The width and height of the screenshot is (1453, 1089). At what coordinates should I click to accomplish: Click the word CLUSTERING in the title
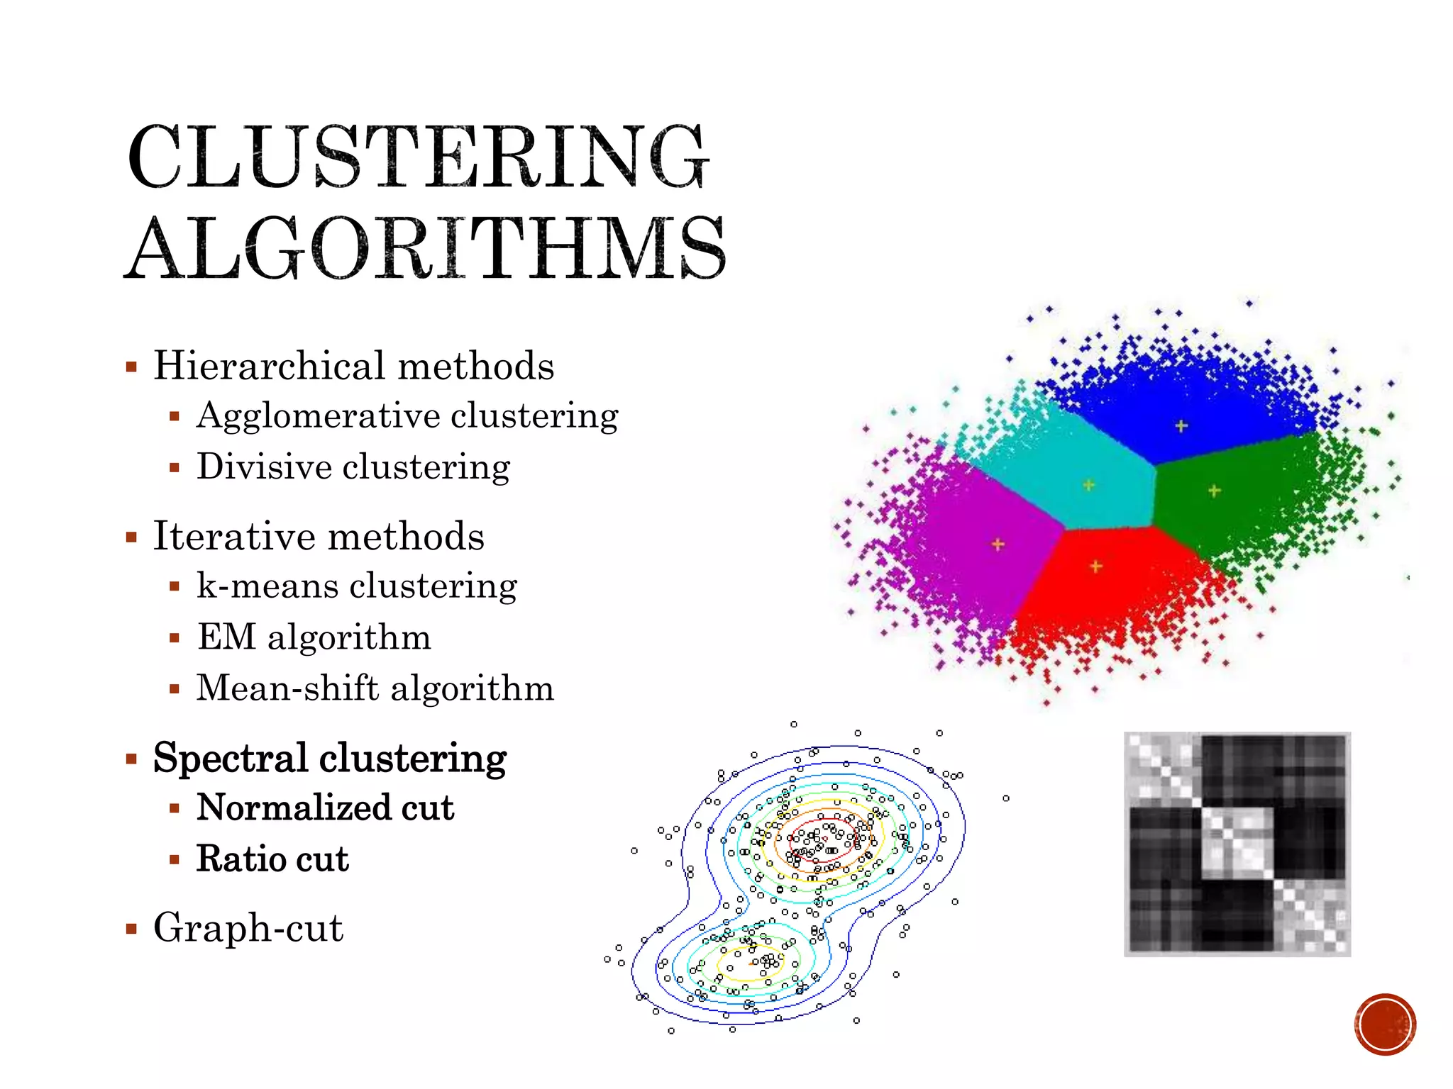(x=419, y=157)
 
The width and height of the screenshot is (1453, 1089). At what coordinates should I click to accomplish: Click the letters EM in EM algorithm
(x=226, y=637)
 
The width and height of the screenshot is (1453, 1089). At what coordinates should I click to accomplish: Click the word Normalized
(x=292, y=808)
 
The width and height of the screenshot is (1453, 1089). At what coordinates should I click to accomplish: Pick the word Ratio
(x=239, y=859)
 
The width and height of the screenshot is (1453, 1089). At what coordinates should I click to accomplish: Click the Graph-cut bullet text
(x=248, y=928)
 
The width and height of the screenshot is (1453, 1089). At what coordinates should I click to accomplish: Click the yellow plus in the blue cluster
(x=1181, y=426)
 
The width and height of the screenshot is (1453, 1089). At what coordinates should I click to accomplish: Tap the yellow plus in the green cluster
(x=1214, y=491)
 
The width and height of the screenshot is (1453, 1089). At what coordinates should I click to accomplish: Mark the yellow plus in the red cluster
(x=1096, y=566)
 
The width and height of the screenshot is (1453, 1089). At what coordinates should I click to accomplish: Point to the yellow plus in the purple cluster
(x=998, y=544)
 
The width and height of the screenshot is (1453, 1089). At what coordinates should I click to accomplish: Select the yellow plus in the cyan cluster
(x=1089, y=485)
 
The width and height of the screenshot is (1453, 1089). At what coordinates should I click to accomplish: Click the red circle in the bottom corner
(x=1385, y=1024)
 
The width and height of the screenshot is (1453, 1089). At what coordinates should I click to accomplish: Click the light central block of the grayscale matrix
(x=1237, y=844)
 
